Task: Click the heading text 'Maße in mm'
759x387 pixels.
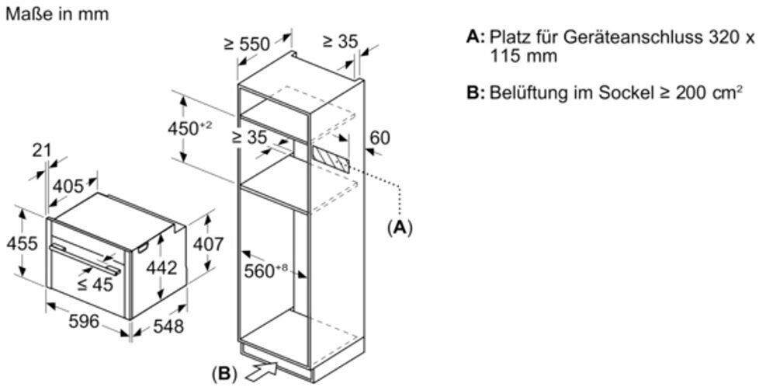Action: (57, 15)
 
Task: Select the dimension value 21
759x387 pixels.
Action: (42, 151)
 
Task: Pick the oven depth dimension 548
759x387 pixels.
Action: (168, 326)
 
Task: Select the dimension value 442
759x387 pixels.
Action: (162, 268)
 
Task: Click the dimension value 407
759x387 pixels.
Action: (207, 244)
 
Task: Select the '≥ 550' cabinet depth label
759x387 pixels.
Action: (246, 44)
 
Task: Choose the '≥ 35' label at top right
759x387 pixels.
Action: (338, 41)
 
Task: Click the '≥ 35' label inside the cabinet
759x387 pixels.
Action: (249, 138)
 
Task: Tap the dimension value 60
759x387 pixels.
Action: (379, 138)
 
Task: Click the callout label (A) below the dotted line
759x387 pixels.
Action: (400, 227)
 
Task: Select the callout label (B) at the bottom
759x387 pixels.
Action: (224, 373)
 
